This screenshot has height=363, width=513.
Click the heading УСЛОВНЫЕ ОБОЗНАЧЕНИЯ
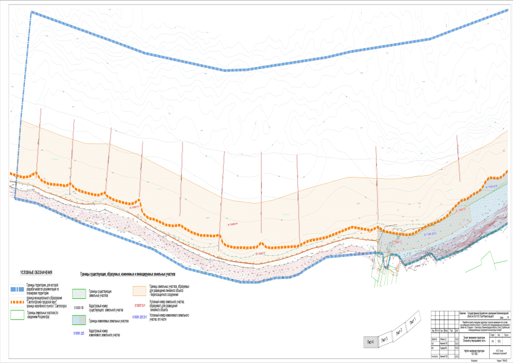coord(36,273)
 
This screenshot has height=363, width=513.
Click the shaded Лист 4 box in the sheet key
coord(370,341)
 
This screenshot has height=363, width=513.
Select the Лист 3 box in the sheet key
coord(385,335)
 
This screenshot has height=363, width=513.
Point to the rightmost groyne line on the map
coord(457,153)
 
